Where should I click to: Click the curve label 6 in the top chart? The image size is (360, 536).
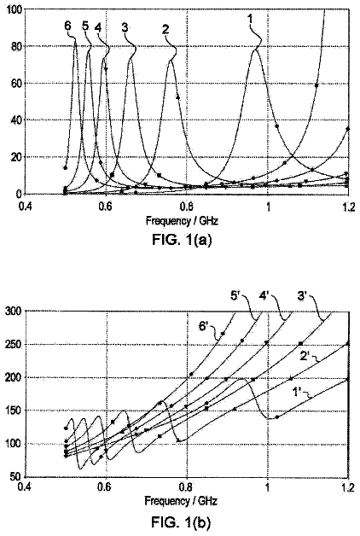pos(67,26)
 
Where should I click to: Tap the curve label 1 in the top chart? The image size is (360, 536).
pos(250,19)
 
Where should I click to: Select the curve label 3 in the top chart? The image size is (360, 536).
pos(125,27)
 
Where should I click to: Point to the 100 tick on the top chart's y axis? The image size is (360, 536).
pos(15,9)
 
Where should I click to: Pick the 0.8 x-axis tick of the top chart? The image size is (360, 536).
pos(187,207)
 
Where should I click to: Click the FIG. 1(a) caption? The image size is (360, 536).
pos(182,240)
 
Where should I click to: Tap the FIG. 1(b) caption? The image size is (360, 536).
pos(182,522)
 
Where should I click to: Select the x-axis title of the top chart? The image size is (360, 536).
pos(182,221)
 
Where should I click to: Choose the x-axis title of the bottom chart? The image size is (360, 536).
pos(181,501)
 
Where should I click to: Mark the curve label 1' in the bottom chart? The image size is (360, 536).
pos(297,392)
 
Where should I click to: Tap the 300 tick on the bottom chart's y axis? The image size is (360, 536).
pos(14,311)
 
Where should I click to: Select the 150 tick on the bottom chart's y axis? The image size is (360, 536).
pos(14,411)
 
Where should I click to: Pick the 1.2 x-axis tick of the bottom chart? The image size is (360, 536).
pos(348,487)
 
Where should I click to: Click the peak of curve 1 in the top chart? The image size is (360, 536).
pos(255,50)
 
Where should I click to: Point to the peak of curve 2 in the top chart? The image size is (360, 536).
pos(171,61)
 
